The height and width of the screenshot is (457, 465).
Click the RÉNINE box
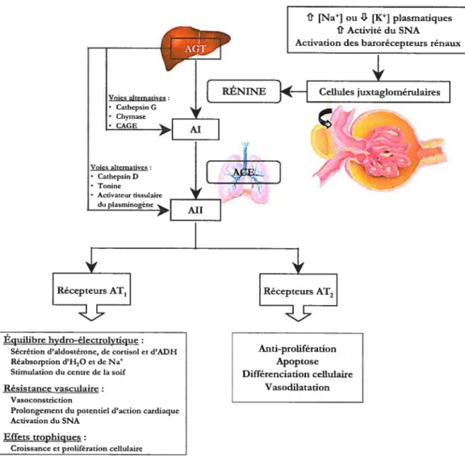(x=244, y=91)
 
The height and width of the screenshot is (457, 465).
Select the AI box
(x=195, y=129)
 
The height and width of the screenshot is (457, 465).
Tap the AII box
(x=195, y=210)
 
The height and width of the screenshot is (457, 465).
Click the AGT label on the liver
(x=195, y=48)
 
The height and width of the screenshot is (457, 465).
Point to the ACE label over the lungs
(x=244, y=172)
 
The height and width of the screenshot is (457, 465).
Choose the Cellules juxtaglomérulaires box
(x=379, y=91)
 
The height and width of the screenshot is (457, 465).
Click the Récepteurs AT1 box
(x=92, y=289)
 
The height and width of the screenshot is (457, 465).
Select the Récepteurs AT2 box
(x=299, y=290)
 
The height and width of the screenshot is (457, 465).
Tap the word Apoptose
(x=297, y=362)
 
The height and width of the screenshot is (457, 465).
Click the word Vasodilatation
(x=297, y=387)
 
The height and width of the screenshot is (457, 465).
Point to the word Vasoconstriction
(x=41, y=400)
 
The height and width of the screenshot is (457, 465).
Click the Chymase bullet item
(x=131, y=116)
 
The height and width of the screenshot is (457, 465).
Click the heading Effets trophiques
(x=42, y=437)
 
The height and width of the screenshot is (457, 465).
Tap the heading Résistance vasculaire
(x=51, y=388)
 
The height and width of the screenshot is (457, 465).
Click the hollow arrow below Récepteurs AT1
(x=92, y=312)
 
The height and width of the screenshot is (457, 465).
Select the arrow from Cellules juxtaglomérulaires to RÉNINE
(x=294, y=91)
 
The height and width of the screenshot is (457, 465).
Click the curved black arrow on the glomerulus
(x=325, y=118)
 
